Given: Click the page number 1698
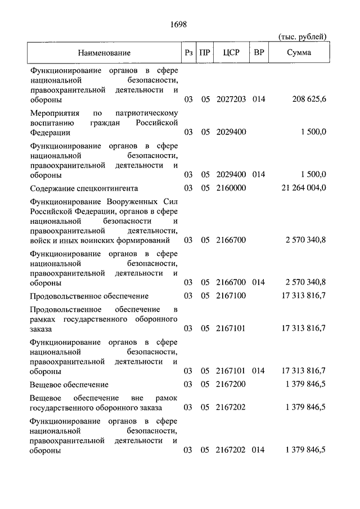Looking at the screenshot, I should point(178,24).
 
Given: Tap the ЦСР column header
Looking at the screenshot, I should point(231,53).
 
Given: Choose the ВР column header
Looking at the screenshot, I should point(259,53).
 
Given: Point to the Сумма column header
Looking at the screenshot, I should point(299,53).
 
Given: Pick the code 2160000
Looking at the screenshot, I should point(231,188).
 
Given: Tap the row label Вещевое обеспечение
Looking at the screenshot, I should point(69,384).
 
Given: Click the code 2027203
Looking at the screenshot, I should point(231,100).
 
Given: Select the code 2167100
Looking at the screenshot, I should point(231,296).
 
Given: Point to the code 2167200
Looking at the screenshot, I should point(231,384).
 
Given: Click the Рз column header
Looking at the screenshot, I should point(188,53).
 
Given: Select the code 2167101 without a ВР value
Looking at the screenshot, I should point(231,328).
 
